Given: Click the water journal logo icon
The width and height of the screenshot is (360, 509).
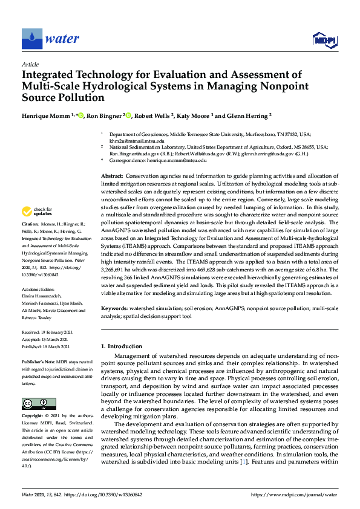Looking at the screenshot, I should (x=31, y=39).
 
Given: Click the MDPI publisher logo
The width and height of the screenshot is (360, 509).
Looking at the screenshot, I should (x=324, y=40).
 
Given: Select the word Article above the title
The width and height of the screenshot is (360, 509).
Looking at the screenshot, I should (x=30, y=63).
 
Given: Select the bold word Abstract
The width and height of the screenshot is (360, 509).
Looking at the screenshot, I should (x=113, y=175).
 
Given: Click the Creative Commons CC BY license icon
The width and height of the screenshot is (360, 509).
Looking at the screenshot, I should (x=39, y=403).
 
